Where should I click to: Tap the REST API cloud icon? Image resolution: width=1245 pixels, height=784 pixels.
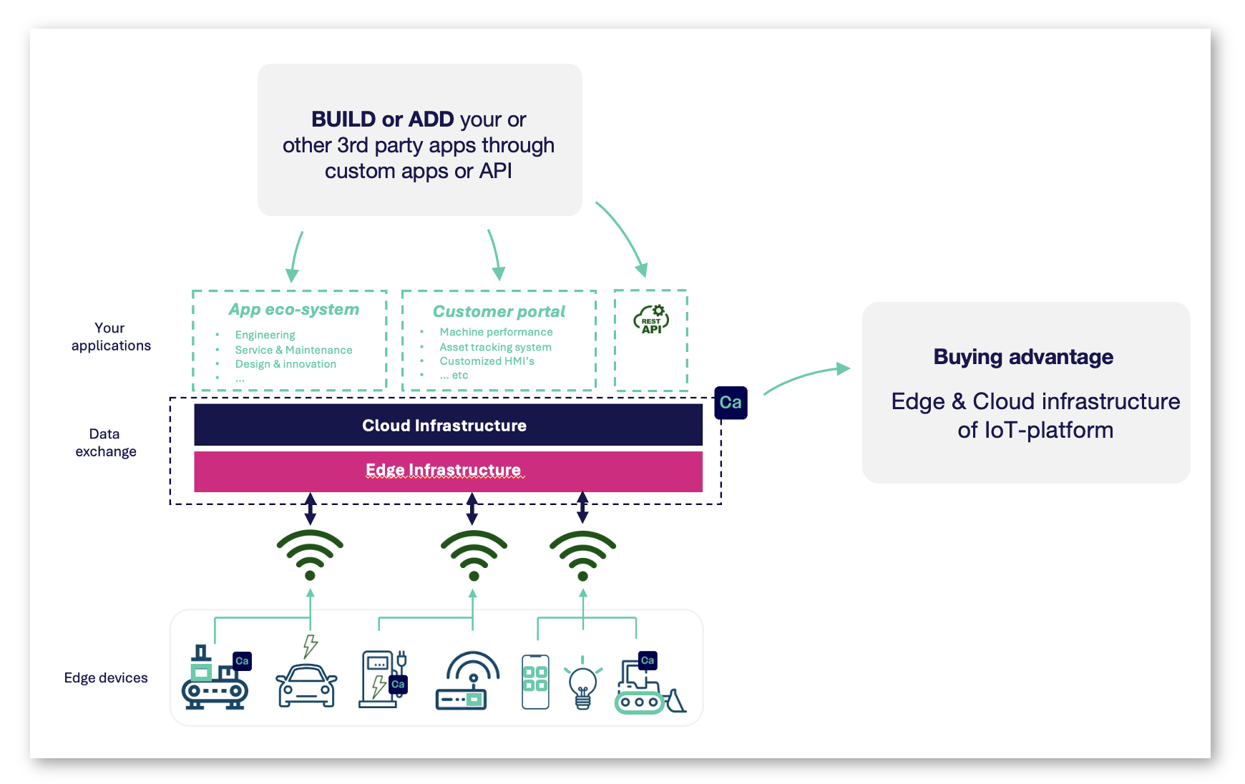click(651, 319)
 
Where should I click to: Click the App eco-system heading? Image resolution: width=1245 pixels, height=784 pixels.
click(293, 310)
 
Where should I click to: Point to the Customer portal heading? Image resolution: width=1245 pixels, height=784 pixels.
click(499, 312)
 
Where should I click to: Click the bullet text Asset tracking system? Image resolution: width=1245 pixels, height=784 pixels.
click(495, 347)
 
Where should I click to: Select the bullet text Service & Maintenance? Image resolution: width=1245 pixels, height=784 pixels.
click(293, 350)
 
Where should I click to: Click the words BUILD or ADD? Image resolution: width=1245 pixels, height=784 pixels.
click(383, 119)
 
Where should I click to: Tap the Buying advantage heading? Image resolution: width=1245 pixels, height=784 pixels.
click(1023, 357)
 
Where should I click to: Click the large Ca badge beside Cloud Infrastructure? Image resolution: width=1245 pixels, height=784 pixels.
click(731, 402)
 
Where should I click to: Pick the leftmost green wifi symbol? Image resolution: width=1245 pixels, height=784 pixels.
click(310, 554)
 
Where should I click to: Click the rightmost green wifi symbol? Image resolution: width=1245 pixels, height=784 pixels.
click(582, 554)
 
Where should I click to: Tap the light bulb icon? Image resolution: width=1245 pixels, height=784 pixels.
click(582, 684)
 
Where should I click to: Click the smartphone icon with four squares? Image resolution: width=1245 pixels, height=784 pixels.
click(535, 681)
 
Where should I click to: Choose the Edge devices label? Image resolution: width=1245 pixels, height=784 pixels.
click(106, 677)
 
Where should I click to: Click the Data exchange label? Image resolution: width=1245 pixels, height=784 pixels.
click(105, 443)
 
